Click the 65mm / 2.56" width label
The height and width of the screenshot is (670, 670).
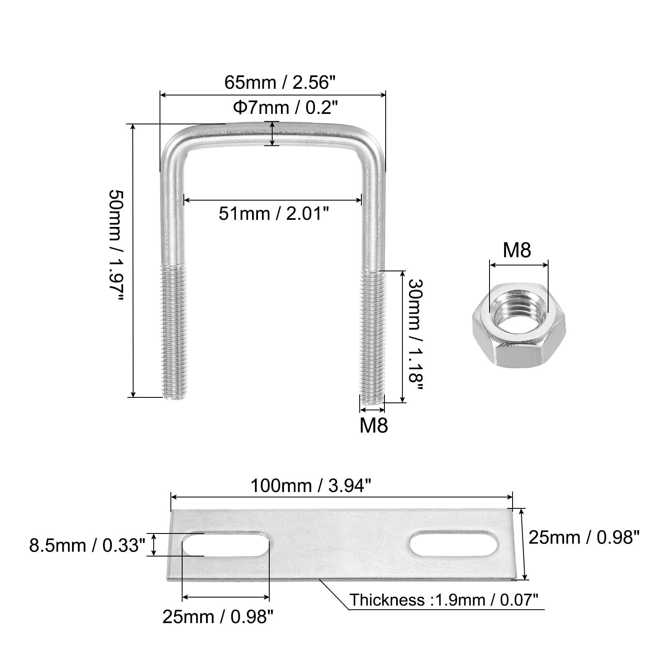point(281,82)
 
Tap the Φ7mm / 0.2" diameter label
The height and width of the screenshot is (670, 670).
point(285,108)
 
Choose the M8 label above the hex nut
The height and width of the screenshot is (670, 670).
point(517,250)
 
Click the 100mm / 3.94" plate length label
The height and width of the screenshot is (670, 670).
point(311,486)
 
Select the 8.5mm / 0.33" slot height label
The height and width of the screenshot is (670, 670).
point(87,546)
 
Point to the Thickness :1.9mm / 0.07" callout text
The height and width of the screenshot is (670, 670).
point(444,600)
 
